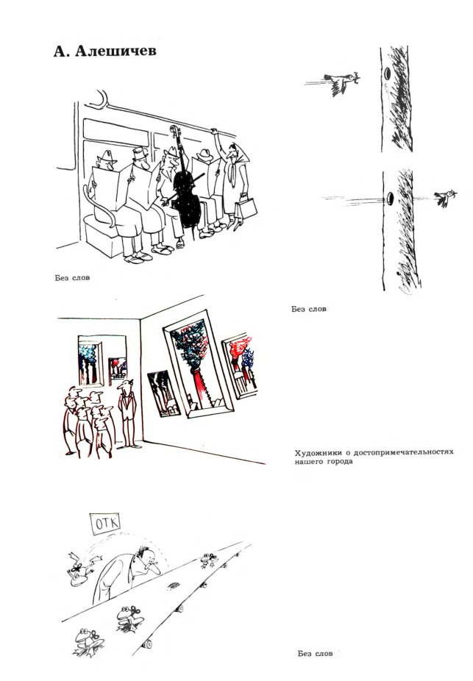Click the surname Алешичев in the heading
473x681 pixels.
pyautogui.click(x=116, y=51)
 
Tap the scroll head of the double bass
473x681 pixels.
pyautogui.click(x=174, y=132)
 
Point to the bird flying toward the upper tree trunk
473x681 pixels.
pyautogui.click(x=342, y=82)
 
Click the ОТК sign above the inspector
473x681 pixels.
pyautogui.click(x=107, y=523)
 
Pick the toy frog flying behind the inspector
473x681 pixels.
pyautogui.click(x=82, y=568)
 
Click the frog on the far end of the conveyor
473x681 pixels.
pyautogui.click(x=210, y=560)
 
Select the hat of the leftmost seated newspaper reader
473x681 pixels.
pyautogui.click(x=107, y=157)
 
